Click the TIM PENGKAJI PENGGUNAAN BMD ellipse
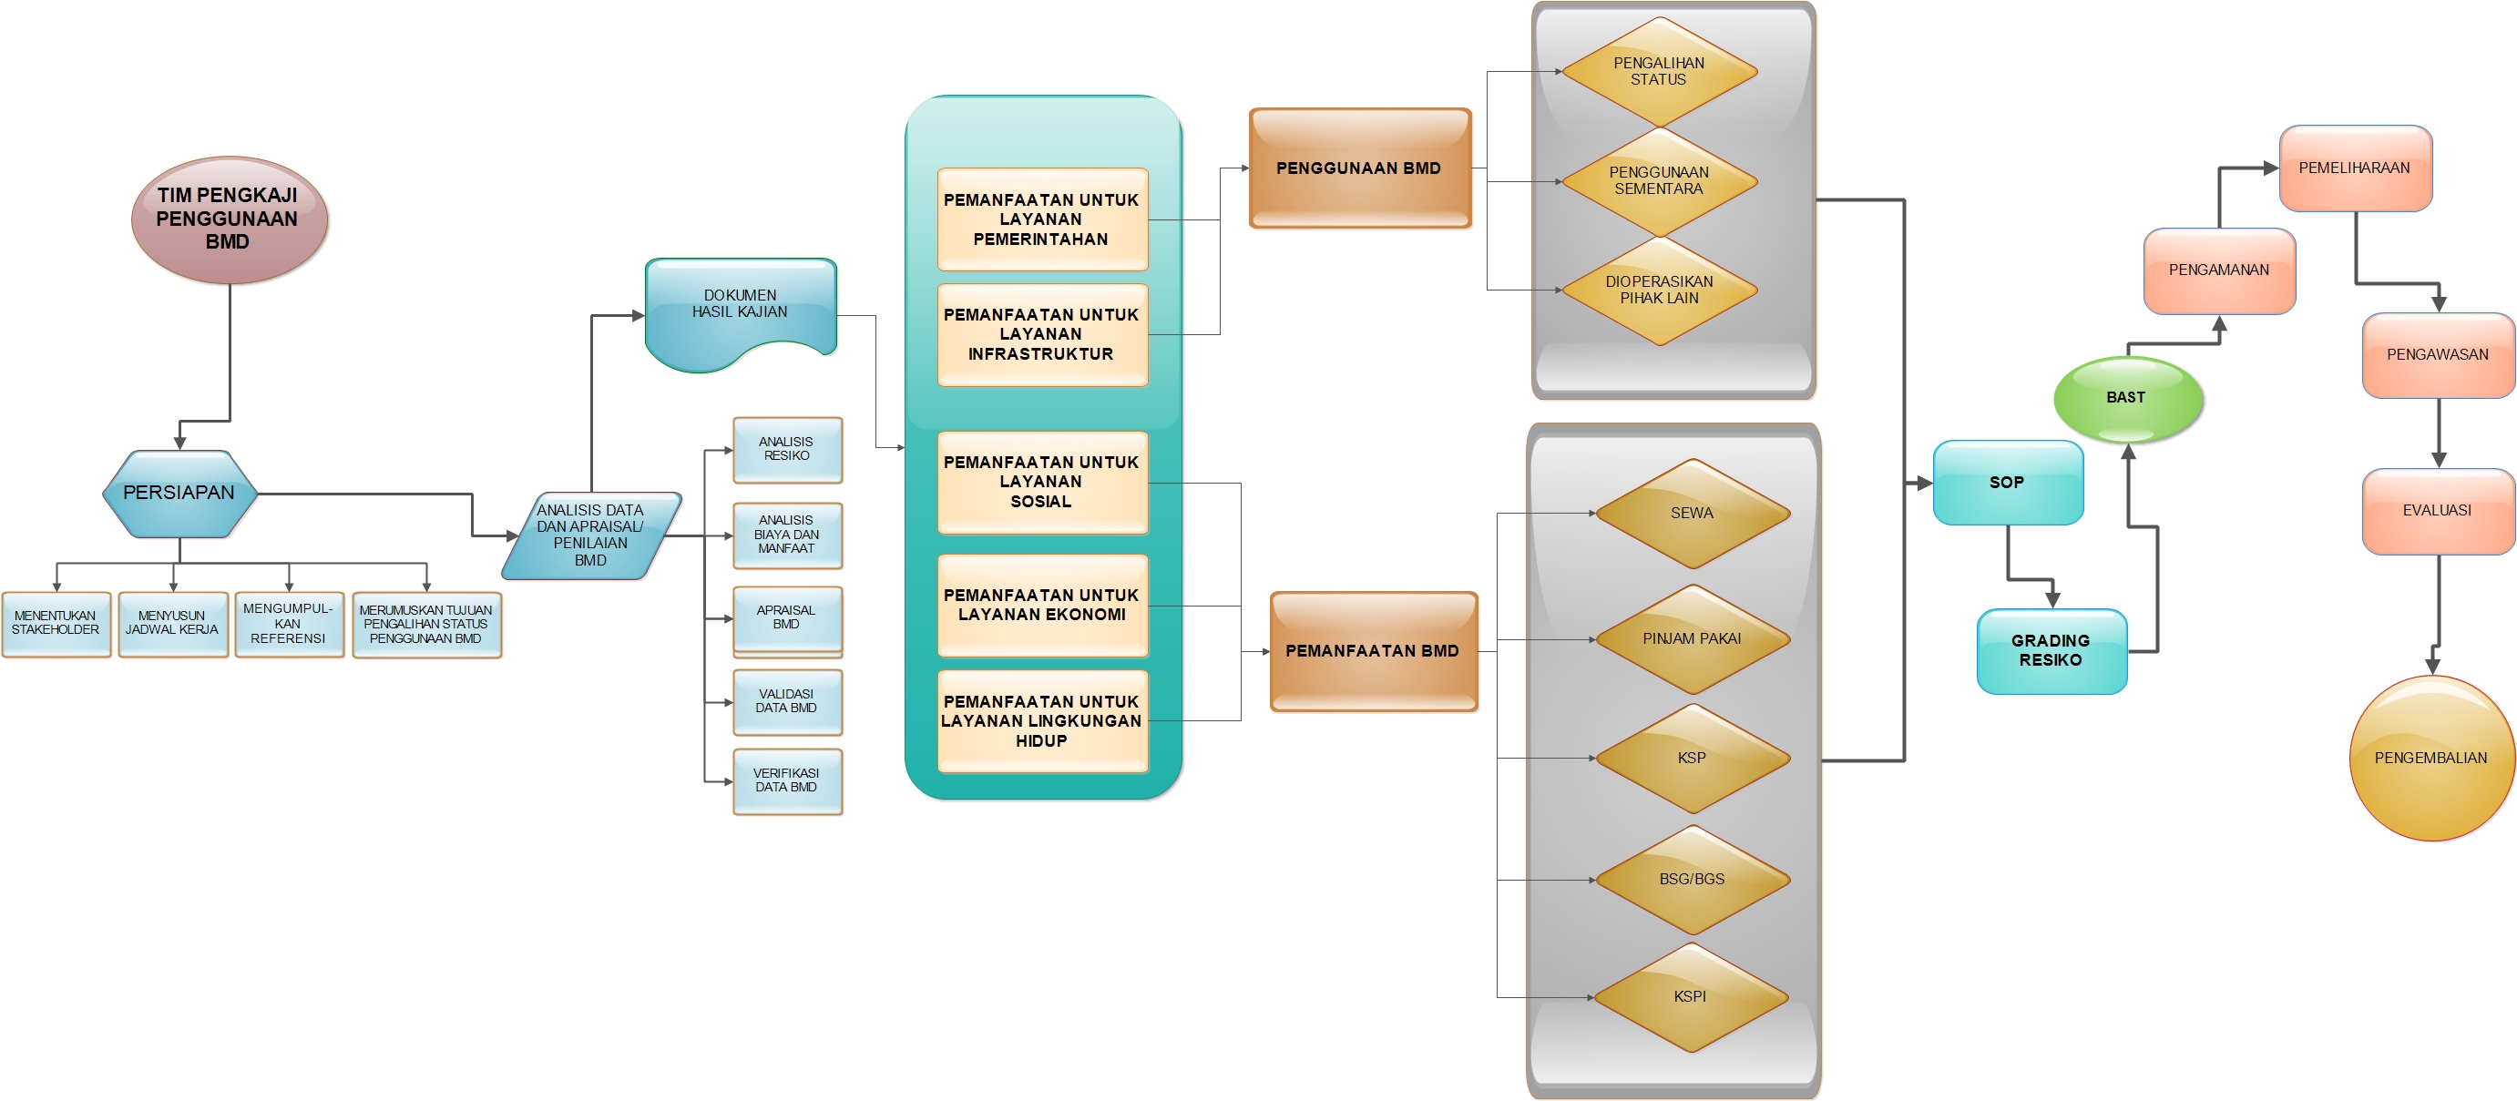[x=229, y=219]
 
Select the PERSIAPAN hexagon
[x=179, y=494]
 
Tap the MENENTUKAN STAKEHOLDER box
[x=56, y=624]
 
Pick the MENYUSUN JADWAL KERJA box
[x=173, y=624]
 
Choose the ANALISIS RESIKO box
[x=786, y=449]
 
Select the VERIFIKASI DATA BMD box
[x=786, y=780]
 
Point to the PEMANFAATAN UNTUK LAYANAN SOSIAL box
[x=1041, y=482]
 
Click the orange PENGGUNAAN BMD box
[x=1359, y=169]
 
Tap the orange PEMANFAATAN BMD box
[x=1373, y=650]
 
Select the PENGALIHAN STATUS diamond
[x=1659, y=71]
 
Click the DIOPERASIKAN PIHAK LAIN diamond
[x=1659, y=291]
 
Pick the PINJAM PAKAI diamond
[x=1692, y=639]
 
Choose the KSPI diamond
[x=1691, y=996]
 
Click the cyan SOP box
[x=2008, y=483]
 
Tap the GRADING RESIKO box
[x=2051, y=650]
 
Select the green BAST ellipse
[x=2127, y=399]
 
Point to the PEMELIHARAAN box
[x=2355, y=168]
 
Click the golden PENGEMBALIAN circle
[x=2431, y=758]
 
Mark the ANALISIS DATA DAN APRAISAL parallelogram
[x=591, y=535]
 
